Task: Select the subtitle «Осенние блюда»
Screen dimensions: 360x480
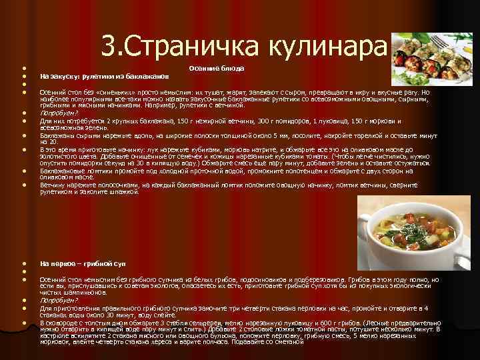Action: point(216,68)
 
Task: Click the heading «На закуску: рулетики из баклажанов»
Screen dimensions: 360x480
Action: point(104,75)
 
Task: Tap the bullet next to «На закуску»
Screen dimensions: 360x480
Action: point(24,75)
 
